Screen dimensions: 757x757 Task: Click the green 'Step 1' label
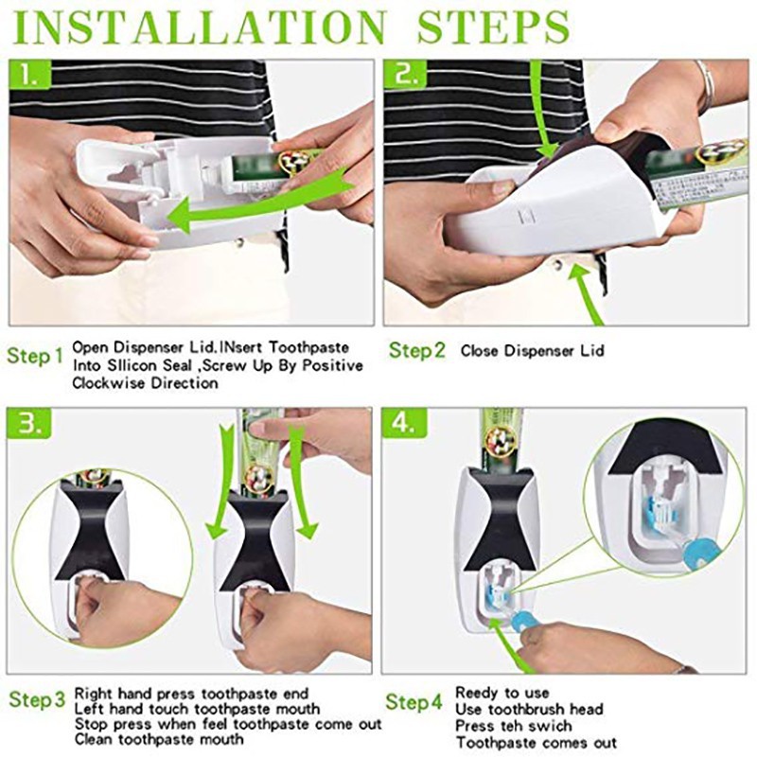[35, 357]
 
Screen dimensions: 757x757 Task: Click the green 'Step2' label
[416, 350]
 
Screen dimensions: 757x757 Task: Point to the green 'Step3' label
[38, 701]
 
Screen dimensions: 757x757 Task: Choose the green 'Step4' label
[414, 701]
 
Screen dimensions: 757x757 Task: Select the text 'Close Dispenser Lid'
[532, 351]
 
